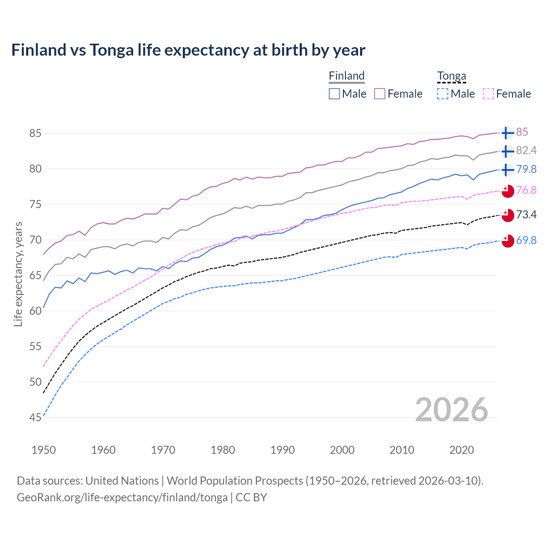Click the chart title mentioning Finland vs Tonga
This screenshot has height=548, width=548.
pos(188,50)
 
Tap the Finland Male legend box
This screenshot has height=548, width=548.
pos(334,94)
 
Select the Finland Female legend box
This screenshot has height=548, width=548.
pos(380,94)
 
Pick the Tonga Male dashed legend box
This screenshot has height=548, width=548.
pos(443,94)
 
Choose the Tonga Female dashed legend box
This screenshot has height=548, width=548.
pos(488,94)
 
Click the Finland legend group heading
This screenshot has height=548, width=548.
pos(346,76)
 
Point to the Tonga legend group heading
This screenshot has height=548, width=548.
pos(451,76)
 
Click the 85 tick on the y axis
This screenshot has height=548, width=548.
pos(35,133)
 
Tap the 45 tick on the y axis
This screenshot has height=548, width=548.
pos(35,417)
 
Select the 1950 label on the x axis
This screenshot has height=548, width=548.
pos(44,450)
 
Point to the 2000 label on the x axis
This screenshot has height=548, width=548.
pos(342,450)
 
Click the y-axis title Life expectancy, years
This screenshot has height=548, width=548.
pos(18,274)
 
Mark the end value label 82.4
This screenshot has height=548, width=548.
pos(526,151)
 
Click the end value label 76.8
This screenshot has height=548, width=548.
pos(526,190)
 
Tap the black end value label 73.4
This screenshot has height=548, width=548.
pos(526,214)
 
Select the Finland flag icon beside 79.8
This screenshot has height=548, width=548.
pos(507,170)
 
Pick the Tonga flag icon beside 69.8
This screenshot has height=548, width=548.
pos(507,241)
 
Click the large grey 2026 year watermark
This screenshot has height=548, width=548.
pos(451,410)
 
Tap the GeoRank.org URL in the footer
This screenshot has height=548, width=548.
pos(122,497)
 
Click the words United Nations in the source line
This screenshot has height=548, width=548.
pos(122,481)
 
